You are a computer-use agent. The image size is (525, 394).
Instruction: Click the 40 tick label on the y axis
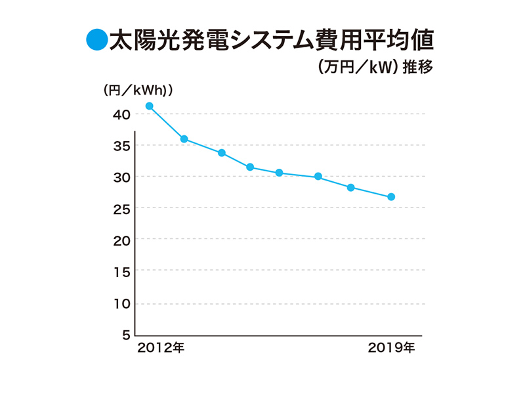(x=121, y=114)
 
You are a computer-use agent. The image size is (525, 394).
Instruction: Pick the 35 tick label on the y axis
(x=121, y=146)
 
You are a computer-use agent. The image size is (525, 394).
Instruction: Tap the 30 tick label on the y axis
(x=121, y=177)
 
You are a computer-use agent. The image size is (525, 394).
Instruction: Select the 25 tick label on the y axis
(x=121, y=209)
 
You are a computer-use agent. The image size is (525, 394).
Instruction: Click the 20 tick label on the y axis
(x=121, y=240)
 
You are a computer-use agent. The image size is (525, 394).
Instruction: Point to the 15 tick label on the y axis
(x=121, y=272)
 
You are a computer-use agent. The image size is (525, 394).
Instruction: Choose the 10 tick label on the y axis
(x=121, y=303)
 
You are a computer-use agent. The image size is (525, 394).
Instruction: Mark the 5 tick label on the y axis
(x=125, y=335)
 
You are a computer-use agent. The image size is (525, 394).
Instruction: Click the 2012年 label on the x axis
(x=161, y=347)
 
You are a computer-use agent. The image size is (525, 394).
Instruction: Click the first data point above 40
(x=150, y=106)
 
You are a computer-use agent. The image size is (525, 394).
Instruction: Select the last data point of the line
(x=391, y=197)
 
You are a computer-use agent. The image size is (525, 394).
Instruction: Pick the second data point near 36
(x=184, y=139)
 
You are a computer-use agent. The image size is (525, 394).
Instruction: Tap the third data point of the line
(x=222, y=153)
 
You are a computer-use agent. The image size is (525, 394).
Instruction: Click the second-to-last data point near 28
(x=350, y=188)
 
